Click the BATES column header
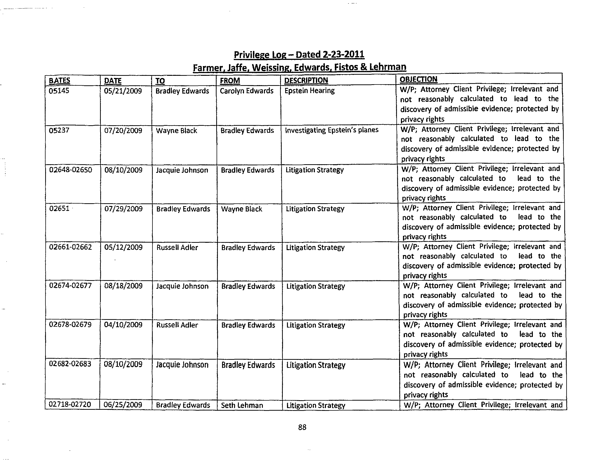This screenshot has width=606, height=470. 59,81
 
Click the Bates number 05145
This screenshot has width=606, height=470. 59,91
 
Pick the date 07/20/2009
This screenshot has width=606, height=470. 123,131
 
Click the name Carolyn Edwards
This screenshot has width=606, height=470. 246,91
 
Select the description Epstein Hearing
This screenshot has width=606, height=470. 309,91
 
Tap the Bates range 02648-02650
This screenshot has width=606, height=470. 70,170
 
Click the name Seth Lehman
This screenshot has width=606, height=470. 242,405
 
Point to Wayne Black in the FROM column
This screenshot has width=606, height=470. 241,209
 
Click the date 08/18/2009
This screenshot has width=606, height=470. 123,286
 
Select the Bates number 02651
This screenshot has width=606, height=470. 59,209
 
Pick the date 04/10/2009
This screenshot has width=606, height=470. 123,325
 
